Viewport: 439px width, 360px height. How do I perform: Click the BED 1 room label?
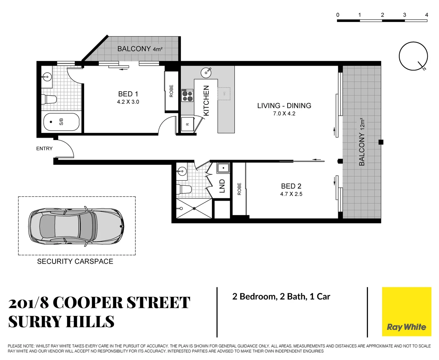128,94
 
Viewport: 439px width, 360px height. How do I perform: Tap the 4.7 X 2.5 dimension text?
291,194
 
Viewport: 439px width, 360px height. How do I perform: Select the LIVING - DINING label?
284,106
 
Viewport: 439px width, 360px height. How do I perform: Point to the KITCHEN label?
206,100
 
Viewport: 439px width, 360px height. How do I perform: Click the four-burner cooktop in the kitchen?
187,96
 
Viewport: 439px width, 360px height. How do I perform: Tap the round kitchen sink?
206,72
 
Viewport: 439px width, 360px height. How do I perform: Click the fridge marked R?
187,124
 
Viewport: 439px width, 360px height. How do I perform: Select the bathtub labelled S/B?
61,122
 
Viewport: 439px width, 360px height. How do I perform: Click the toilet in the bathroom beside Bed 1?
49,99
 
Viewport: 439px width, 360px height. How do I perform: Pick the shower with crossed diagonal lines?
194,209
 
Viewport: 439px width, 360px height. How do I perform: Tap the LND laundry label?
222,186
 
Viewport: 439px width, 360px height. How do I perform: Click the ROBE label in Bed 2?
239,189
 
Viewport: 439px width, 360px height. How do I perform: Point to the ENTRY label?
44,149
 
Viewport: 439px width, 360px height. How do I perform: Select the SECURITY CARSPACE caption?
75,262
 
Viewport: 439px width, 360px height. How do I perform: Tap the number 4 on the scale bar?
426,15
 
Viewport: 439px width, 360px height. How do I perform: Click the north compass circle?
413,56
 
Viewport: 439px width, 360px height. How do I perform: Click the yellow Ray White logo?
406,312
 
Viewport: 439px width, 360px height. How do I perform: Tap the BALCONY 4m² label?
140,49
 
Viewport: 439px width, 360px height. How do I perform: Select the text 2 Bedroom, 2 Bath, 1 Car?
281,297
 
